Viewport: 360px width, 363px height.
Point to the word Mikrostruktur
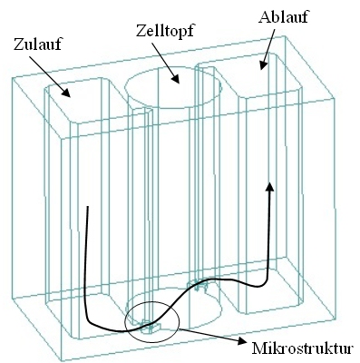click(305, 347)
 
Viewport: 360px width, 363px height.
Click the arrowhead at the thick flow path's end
click(268, 186)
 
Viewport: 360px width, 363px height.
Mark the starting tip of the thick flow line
click(86, 208)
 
